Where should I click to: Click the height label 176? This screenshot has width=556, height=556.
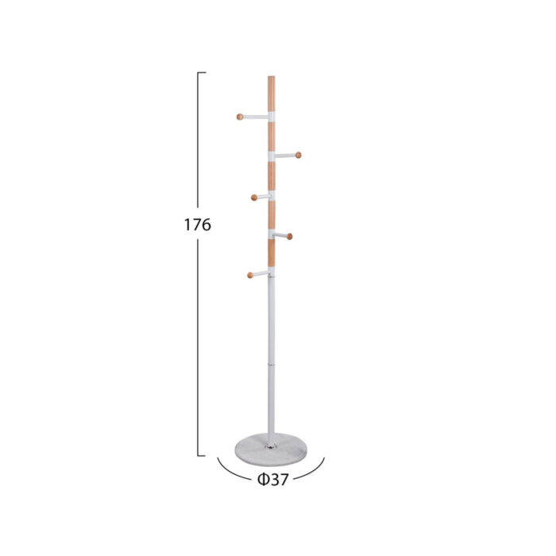198,225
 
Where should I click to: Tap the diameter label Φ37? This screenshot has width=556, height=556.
272,480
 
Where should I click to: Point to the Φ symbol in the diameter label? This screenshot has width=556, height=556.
263,480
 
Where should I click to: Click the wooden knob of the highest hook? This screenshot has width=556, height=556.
240,117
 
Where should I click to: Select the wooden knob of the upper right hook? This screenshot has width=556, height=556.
298,155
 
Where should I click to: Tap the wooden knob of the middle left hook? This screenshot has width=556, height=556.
254,198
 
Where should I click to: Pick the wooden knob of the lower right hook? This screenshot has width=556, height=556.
289,237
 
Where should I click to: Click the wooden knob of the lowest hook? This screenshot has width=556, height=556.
250,275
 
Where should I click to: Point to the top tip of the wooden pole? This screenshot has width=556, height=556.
272,76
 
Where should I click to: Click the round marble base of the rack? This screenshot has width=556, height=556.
271,450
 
